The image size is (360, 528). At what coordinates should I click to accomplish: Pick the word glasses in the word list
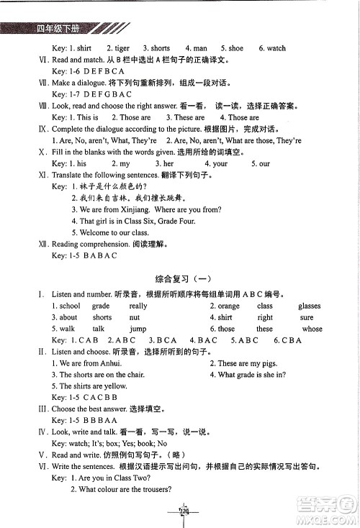pos(310,306)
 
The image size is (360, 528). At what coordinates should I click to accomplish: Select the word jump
pos(138,329)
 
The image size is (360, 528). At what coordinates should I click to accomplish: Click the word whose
pos(312,329)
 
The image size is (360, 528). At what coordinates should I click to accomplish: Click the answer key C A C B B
pos(94,398)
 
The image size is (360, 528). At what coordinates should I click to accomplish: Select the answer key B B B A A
pos(94,421)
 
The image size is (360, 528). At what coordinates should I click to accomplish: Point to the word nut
pos(135,317)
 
